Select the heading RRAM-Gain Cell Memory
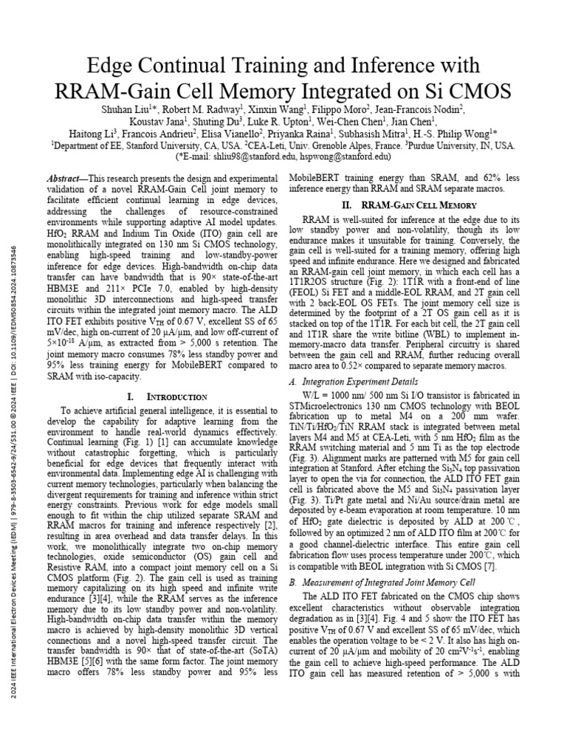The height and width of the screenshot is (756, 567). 416,205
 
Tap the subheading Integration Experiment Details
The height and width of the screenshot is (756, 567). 357,383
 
